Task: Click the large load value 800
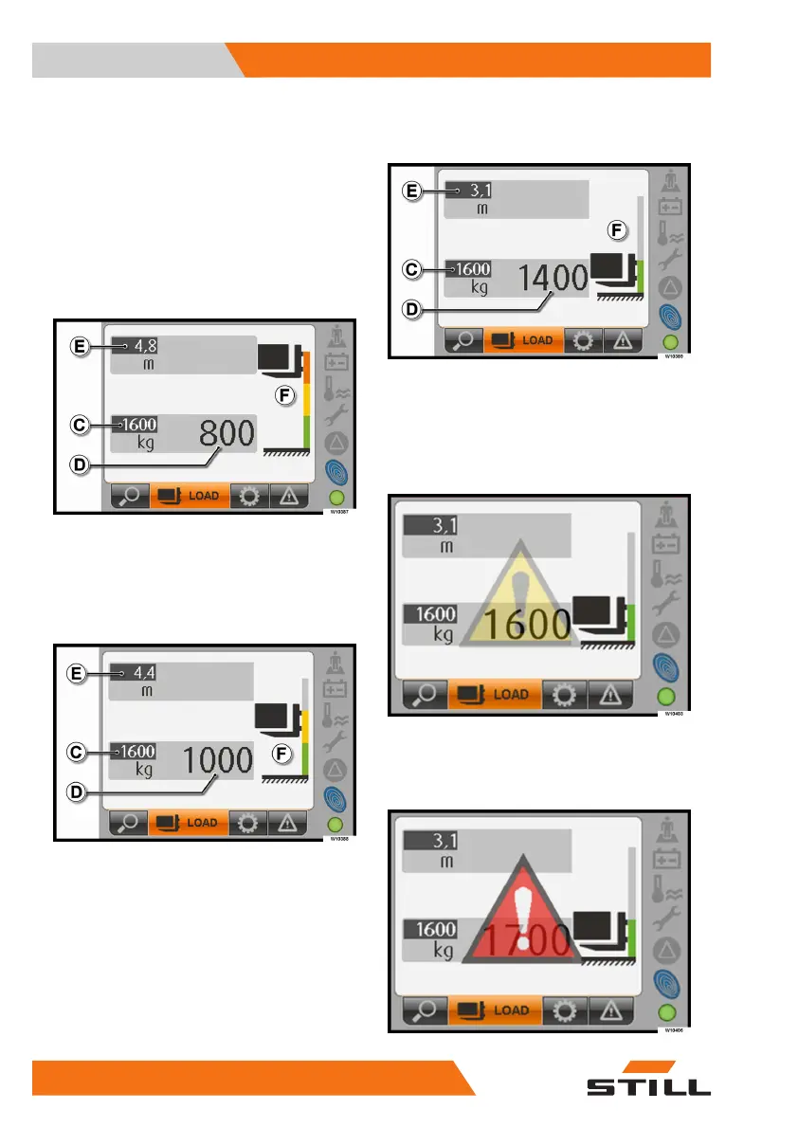click(227, 435)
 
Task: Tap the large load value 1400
click(553, 278)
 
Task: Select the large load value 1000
click(217, 762)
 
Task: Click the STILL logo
click(648, 1088)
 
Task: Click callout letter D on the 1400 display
click(411, 308)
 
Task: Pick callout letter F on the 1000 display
click(281, 755)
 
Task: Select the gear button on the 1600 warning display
click(563, 694)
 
